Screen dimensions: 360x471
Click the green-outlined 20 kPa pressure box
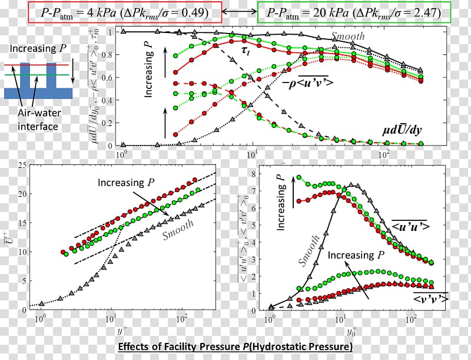[354, 12]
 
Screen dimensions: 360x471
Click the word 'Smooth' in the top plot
[347, 37]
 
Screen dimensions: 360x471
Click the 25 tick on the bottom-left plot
[22, 166]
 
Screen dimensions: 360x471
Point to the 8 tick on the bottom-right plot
[253, 174]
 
